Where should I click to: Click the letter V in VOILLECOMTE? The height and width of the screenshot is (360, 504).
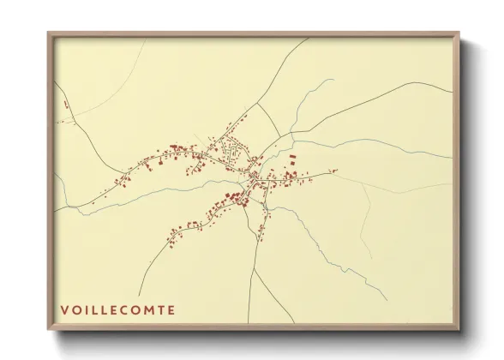pos(64,309)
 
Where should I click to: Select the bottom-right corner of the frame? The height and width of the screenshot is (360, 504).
pos(459,329)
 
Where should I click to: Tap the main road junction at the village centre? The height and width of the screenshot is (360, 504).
pos(254,177)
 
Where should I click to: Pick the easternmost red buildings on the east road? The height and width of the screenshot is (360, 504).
pos(333,171)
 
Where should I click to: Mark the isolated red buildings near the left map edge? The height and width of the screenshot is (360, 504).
pos(65,106)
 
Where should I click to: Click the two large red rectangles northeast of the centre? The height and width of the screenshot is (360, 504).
pos(291,159)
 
